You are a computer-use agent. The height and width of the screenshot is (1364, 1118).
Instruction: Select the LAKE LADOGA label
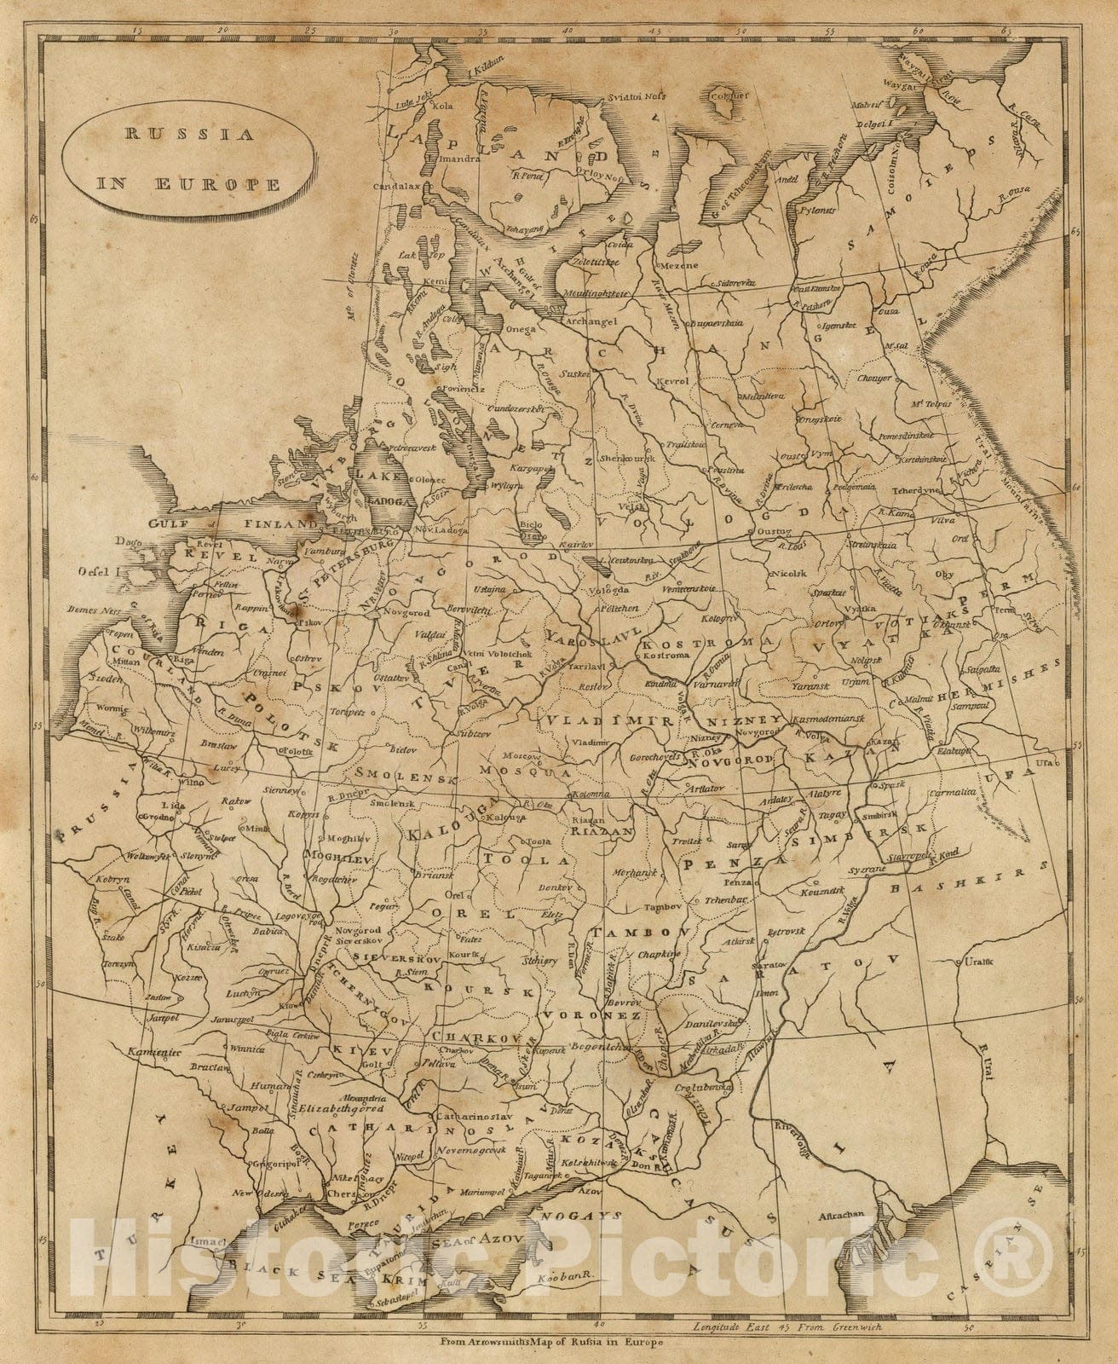pyautogui.click(x=386, y=488)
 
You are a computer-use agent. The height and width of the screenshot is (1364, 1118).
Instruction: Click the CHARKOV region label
pyautogui.click(x=470, y=1036)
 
